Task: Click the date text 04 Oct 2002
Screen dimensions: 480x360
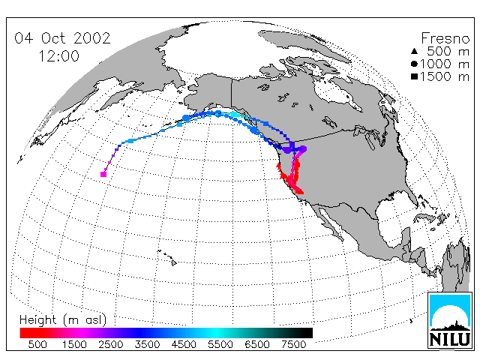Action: [62, 38]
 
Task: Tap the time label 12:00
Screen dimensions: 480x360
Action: [59, 56]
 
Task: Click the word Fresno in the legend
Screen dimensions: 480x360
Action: [445, 38]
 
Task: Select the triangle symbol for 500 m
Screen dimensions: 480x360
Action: [414, 51]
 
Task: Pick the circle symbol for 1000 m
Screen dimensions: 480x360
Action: [414, 64]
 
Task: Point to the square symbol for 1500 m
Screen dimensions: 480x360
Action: [414, 76]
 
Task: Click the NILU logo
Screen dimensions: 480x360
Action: [450, 320]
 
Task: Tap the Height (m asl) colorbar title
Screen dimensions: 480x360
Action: [63, 320]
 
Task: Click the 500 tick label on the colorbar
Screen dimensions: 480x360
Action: [37, 344]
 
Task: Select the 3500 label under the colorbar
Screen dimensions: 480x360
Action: [147, 344]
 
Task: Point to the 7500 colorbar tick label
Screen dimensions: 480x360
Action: [293, 344]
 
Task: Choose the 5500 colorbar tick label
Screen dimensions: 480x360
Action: [220, 344]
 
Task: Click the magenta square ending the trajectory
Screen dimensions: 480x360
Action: [103, 174]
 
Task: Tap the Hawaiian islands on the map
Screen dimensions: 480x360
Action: [167, 256]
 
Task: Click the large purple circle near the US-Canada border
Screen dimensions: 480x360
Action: [303, 149]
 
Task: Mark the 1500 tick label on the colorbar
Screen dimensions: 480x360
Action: [74, 344]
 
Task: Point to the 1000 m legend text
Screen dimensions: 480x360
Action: [445, 64]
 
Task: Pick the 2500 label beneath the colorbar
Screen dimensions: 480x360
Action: [111, 344]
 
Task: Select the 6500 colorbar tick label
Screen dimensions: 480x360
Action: [257, 344]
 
